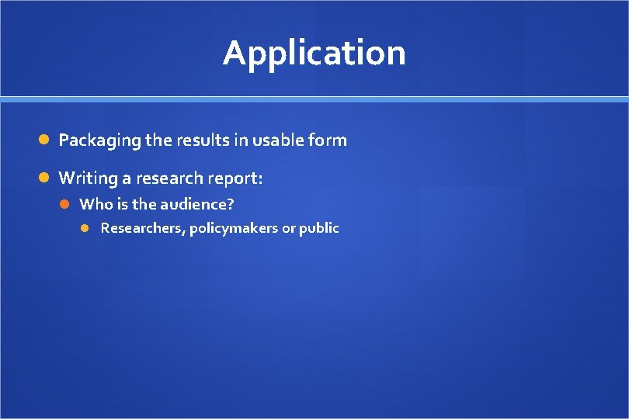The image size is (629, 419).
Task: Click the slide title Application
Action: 314,54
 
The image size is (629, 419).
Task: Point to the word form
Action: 328,140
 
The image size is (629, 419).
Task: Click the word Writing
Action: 85,179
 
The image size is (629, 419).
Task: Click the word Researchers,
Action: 142,228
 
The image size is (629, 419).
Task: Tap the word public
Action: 319,228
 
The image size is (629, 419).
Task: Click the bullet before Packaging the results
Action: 45,140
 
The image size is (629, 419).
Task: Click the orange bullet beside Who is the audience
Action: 67,204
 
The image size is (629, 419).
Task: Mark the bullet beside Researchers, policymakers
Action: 87,228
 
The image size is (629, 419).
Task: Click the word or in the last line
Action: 289,229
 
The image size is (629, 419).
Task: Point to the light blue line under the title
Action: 314,99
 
